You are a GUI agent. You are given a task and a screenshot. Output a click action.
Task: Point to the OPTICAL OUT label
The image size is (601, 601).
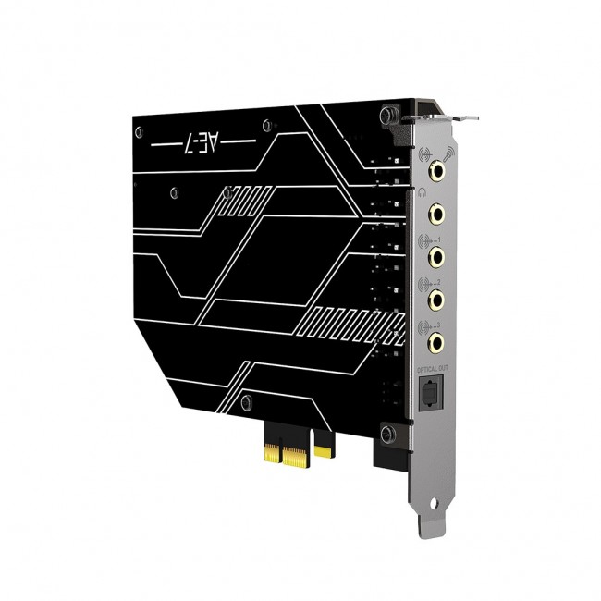click(x=433, y=369)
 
